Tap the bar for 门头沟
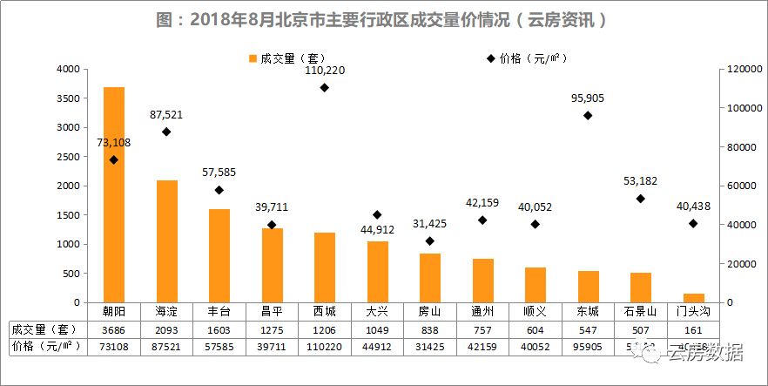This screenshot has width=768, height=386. (x=694, y=298)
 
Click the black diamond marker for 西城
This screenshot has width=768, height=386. (x=324, y=87)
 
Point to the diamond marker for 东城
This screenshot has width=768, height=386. (x=588, y=115)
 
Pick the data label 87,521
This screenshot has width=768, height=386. (x=166, y=114)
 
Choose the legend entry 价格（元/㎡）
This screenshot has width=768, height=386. (x=528, y=58)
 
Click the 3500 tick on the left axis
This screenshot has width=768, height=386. (x=66, y=98)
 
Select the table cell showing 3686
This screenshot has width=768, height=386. (x=113, y=329)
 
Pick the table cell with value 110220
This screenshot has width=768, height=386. (x=324, y=347)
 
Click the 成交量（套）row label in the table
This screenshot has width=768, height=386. (x=44, y=329)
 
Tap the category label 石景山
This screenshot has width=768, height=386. (x=641, y=311)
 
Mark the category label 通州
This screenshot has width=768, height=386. (x=482, y=311)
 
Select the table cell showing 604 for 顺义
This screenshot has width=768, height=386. (x=535, y=329)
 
